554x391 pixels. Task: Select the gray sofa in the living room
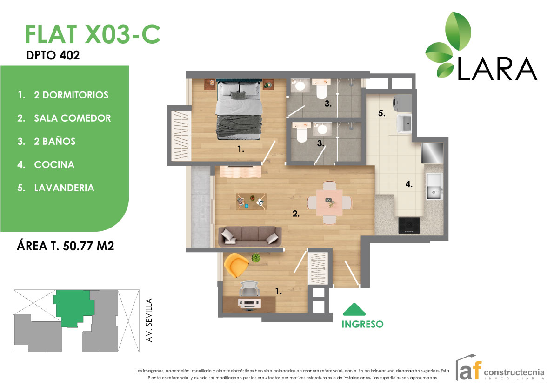tap(250, 235)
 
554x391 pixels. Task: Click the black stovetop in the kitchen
tap(409, 225)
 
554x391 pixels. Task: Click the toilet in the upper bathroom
tap(321, 90)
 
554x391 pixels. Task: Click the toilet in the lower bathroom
tap(301, 133)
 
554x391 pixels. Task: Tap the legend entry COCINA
tap(54, 165)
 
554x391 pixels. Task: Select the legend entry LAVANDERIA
tap(64, 188)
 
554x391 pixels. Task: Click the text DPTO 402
tap(53, 55)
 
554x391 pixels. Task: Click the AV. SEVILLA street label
tap(149, 320)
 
